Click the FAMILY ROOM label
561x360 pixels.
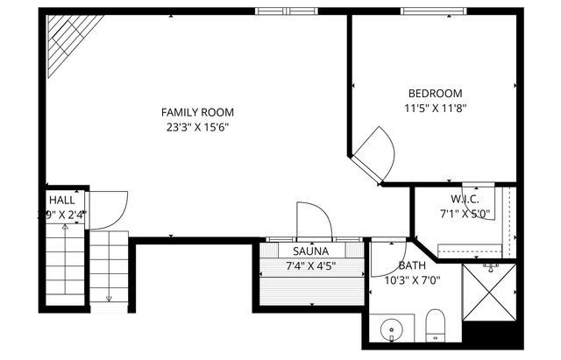click(197, 112)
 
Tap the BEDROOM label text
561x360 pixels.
click(435, 94)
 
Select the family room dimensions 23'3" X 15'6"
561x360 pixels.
click(197, 127)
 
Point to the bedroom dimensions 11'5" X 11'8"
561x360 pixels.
click(435, 109)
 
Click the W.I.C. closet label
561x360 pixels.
click(465, 199)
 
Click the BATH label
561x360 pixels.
click(412, 266)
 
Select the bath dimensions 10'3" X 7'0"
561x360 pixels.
click(412, 281)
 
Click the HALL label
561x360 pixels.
click(61, 200)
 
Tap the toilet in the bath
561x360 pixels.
click(436, 327)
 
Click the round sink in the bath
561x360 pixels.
click(390, 330)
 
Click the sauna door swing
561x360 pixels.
click(313, 220)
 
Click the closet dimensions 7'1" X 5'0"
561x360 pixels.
click(465, 213)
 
